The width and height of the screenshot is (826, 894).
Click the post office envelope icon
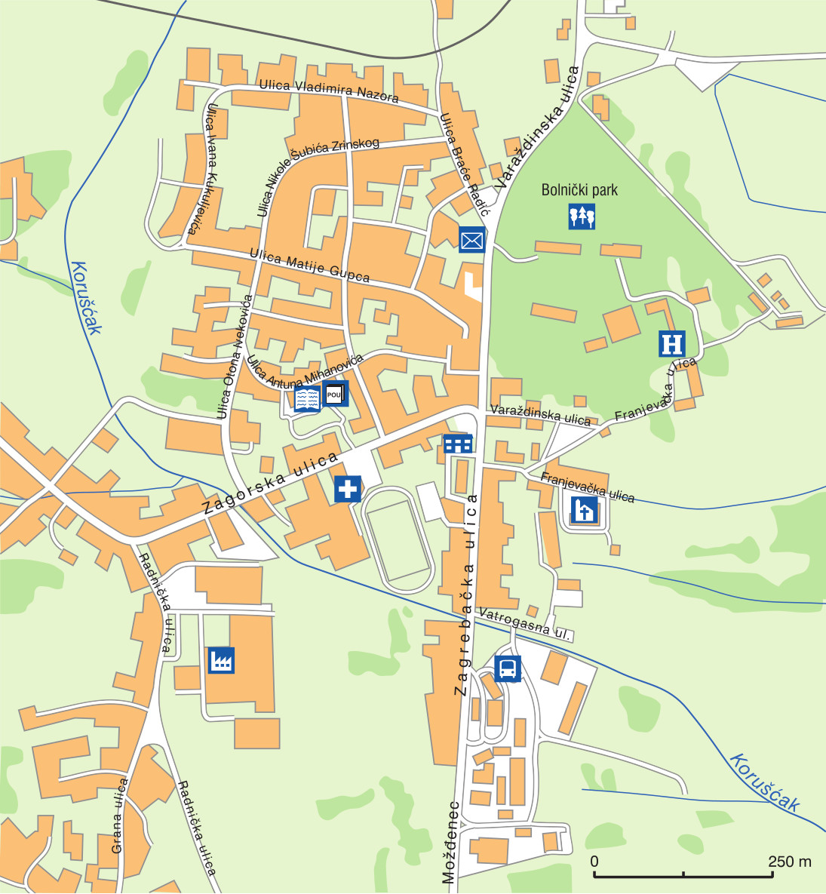tap(472, 240)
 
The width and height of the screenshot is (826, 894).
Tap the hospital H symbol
tap(671, 343)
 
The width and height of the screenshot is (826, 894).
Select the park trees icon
tap(582, 217)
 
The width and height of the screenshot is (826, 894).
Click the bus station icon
tap(508, 668)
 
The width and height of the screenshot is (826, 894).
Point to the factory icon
tap(221, 660)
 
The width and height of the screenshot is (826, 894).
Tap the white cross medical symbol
tap(348, 488)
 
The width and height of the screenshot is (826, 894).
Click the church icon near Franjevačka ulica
tap(585, 511)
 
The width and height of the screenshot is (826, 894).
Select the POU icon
tap(336, 394)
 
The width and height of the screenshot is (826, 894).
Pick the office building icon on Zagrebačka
tap(458, 444)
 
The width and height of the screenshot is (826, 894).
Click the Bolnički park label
tap(579, 190)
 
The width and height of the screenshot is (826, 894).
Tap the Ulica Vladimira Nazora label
tap(328, 90)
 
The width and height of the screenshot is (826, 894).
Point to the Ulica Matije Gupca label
tap(310, 266)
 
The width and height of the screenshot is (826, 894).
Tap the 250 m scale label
tap(789, 862)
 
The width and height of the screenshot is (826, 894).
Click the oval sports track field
tap(398, 541)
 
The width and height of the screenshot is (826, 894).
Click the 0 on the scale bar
tap(594, 862)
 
